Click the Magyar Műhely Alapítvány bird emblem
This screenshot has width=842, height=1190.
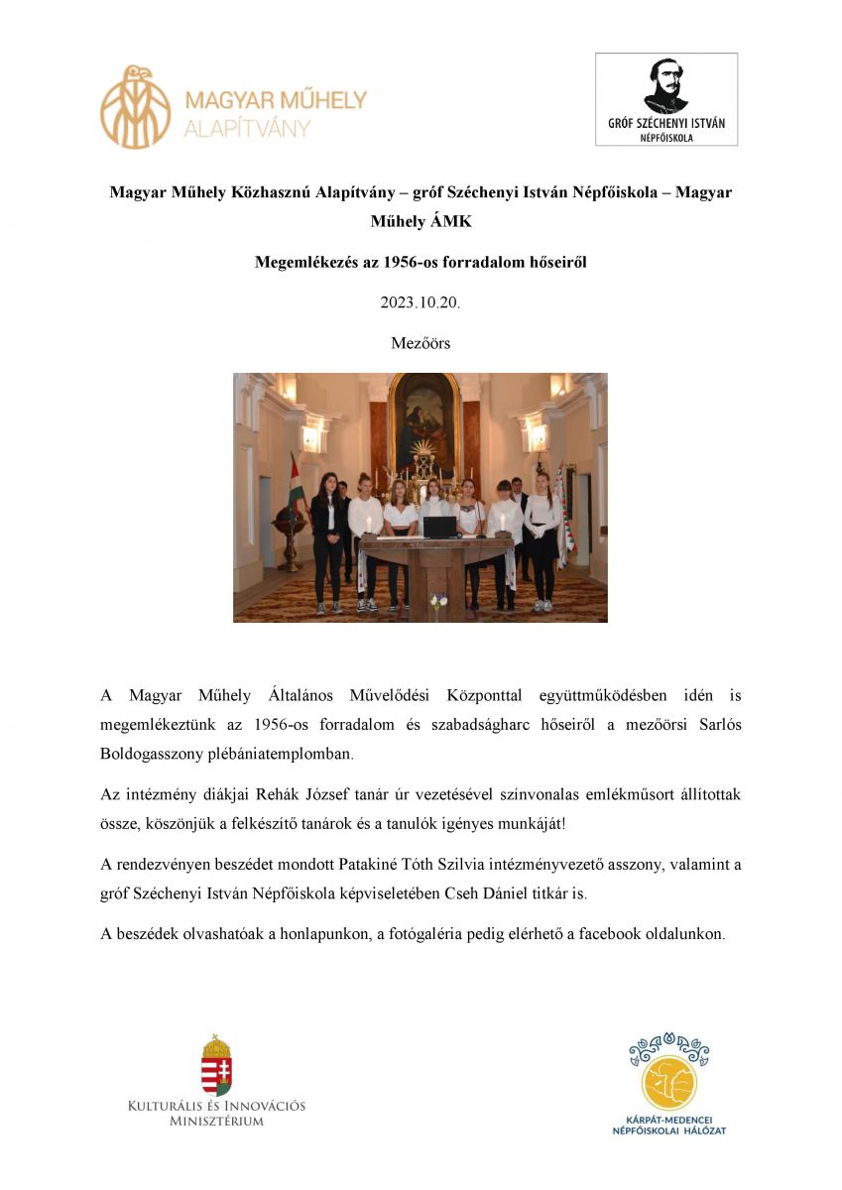click(x=136, y=106)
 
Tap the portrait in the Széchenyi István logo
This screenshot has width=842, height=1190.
click(x=665, y=85)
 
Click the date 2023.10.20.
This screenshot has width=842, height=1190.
click(x=421, y=303)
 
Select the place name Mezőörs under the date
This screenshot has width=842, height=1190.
click(x=421, y=343)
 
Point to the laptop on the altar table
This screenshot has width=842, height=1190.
click(x=438, y=526)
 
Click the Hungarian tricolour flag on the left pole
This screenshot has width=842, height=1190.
click(x=294, y=486)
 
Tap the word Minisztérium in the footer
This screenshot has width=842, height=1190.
click(x=216, y=1122)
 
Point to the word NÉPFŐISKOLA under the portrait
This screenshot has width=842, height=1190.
click(x=665, y=138)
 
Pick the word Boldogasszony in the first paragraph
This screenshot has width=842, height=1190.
click(x=157, y=754)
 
